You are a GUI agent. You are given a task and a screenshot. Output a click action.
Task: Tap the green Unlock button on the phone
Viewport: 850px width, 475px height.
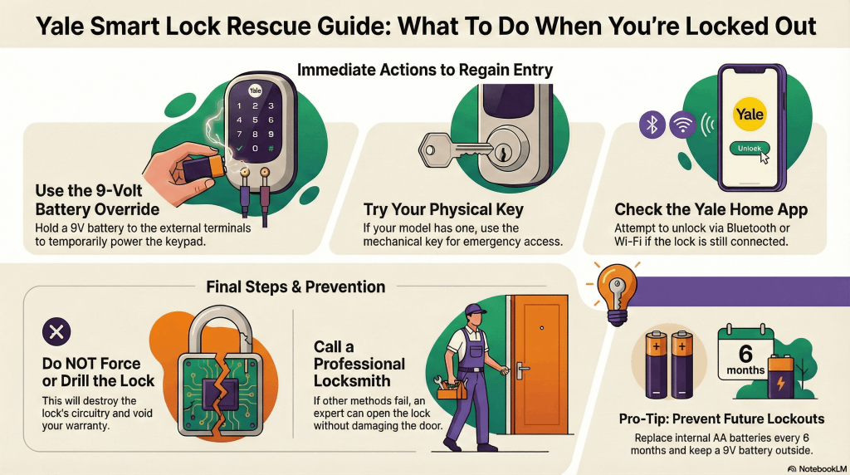(750, 149)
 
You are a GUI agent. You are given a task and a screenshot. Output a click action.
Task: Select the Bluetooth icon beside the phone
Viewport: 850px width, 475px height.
(652, 125)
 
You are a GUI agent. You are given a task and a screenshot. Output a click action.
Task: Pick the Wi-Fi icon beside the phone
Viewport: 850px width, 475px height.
(682, 125)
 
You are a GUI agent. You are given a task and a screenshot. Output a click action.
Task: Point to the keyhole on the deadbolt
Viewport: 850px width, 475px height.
(501, 154)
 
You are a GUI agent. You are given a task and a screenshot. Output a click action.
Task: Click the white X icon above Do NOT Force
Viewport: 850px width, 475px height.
(56, 334)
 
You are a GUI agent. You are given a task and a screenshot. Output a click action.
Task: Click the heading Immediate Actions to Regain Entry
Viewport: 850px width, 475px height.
(424, 70)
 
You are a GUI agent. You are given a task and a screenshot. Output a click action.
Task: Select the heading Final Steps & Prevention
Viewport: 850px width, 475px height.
(296, 286)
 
